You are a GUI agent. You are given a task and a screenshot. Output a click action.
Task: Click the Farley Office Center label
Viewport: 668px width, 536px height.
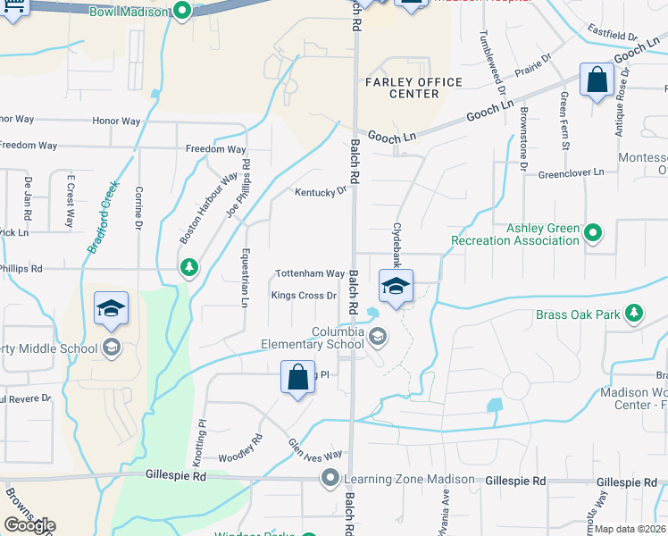tap(414, 88)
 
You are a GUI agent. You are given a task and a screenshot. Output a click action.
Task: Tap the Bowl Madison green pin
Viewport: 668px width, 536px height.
tap(182, 12)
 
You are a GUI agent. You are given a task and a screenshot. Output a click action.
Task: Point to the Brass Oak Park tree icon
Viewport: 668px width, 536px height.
tap(634, 314)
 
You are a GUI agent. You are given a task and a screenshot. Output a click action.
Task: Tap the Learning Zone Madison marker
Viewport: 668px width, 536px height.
tap(330, 480)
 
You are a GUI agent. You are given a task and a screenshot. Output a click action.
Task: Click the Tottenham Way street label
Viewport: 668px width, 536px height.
tap(309, 273)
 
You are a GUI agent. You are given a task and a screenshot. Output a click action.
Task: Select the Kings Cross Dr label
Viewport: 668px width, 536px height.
tap(304, 296)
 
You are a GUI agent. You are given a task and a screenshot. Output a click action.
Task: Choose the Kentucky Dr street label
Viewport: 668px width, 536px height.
tap(321, 192)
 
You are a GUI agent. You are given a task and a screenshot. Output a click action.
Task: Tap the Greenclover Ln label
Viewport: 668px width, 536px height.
tap(571, 172)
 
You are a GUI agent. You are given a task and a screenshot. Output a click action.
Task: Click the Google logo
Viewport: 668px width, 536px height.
tap(29, 525)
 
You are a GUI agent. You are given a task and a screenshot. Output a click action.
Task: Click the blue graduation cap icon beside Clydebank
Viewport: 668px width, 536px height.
tap(396, 287)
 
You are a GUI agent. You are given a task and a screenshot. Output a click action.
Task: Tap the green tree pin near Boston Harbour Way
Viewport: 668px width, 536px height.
tap(188, 267)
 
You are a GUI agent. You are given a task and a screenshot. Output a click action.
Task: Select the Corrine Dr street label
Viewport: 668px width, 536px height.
tap(138, 205)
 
